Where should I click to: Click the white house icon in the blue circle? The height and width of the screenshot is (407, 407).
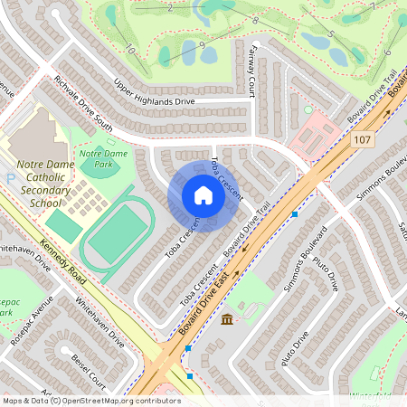[x=203, y=195]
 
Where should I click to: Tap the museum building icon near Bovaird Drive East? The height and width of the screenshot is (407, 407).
[x=226, y=320]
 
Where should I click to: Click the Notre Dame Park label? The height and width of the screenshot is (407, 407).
[x=102, y=159]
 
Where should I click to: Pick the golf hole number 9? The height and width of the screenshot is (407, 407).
[x=202, y=44]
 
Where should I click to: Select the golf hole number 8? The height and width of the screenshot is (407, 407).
[x=256, y=19]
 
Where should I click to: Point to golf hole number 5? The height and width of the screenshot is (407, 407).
[x=331, y=34]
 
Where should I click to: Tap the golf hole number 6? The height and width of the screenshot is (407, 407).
[x=363, y=52]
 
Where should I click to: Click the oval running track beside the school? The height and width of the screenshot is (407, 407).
[x=114, y=233]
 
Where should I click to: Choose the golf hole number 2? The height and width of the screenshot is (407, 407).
[x=170, y=7]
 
